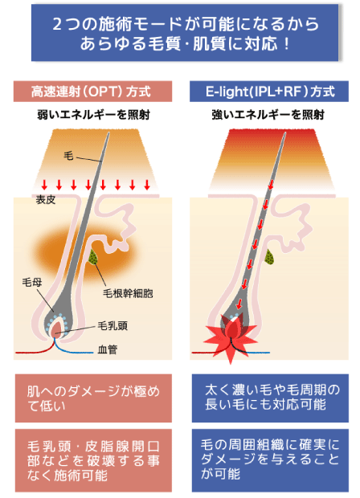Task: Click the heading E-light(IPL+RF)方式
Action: click(x=269, y=92)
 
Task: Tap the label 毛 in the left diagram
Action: click(x=68, y=156)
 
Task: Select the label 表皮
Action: click(x=46, y=200)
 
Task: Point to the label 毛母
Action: click(x=32, y=282)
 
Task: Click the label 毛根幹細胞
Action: click(x=128, y=293)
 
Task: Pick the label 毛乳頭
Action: click(x=112, y=326)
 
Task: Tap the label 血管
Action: click(x=108, y=349)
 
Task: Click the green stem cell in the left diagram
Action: click(x=93, y=257)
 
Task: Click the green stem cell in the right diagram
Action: click(x=270, y=257)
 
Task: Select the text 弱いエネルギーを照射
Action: click(x=93, y=115)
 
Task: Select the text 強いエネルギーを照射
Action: click(x=268, y=115)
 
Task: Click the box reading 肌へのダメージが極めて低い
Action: click(x=93, y=398)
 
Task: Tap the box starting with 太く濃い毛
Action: click(x=270, y=398)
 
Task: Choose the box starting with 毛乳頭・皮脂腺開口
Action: click(x=93, y=460)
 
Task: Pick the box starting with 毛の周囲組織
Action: click(x=270, y=460)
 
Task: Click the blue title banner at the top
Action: click(x=185, y=32)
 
